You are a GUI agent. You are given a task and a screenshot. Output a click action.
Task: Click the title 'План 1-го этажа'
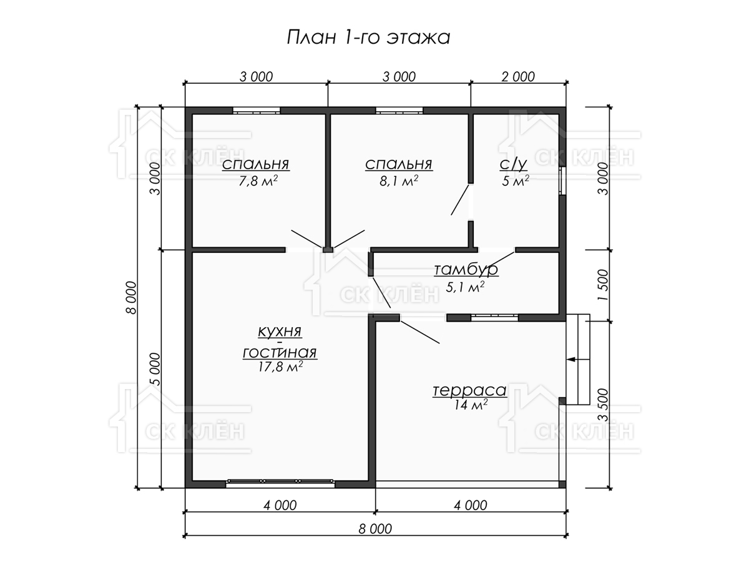click(x=368, y=37)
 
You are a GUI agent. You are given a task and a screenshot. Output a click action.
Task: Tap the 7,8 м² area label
click(x=258, y=181)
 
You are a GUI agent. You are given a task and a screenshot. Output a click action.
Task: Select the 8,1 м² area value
click(x=399, y=181)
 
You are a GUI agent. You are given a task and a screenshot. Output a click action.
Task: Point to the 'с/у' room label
click(x=514, y=164)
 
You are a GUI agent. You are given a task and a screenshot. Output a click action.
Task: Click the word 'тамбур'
click(x=466, y=269)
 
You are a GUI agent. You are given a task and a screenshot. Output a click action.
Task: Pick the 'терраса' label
click(x=469, y=390)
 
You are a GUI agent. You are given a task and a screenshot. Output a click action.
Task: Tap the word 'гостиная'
click(x=280, y=352)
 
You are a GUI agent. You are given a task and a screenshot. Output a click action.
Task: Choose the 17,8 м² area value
click(x=280, y=367)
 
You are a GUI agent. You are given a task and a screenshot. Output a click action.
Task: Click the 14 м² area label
click(x=471, y=405)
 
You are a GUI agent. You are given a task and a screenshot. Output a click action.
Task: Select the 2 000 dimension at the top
click(x=518, y=77)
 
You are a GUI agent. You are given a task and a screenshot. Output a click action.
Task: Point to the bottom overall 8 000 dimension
click(x=375, y=529)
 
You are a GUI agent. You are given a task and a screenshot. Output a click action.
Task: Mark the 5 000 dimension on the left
click(x=155, y=369)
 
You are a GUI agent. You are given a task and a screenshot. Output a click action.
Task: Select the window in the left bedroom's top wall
click(x=257, y=111)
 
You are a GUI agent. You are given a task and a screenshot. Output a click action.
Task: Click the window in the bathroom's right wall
click(x=562, y=181)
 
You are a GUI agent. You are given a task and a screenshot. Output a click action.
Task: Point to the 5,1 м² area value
click(x=465, y=287)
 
